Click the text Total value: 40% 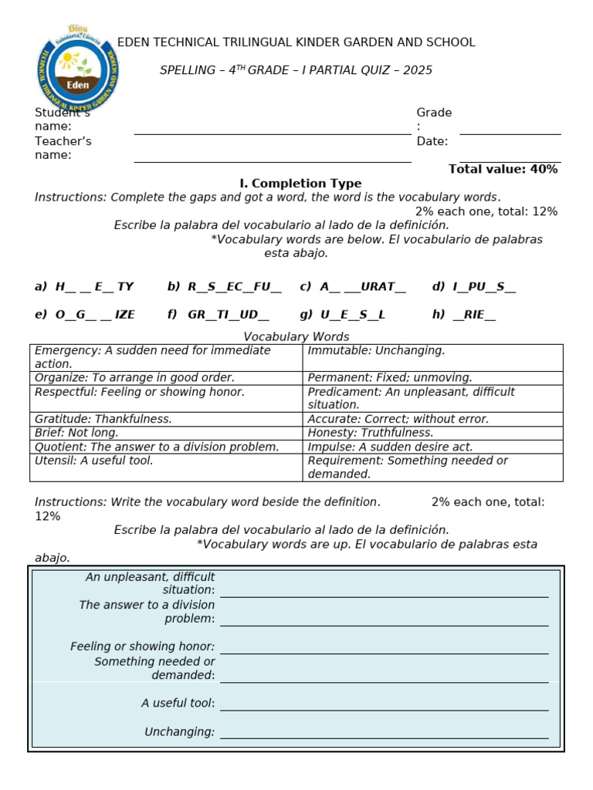503,169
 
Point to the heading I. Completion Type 300,184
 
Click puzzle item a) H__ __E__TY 84,287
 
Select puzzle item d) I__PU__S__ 474,287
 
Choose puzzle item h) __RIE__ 464,315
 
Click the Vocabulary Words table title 296,337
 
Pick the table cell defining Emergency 165,357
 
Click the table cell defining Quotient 165,447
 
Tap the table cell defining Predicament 432,398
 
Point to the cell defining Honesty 432,433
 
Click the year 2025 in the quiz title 418,70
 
